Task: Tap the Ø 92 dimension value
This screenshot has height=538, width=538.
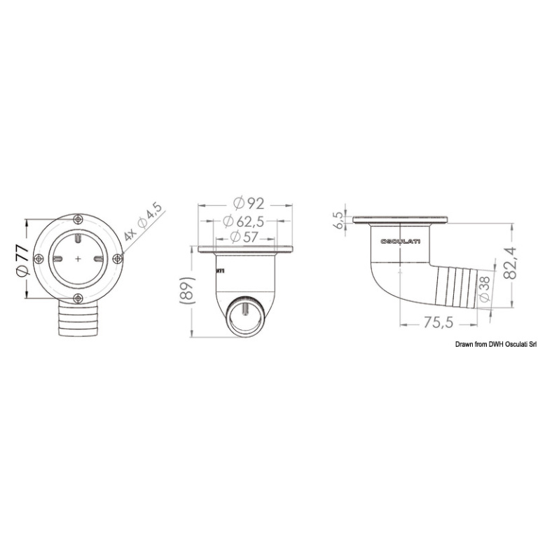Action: [249, 203]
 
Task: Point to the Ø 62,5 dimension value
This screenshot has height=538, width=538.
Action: [243, 221]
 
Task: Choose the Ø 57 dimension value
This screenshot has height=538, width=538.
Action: [244, 237]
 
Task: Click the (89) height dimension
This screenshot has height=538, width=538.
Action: [187, 290]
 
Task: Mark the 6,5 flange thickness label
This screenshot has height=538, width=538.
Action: [338, 220]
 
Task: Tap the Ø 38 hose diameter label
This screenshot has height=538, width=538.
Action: [485, 289]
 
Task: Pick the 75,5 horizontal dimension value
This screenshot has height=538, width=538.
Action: [439, 322]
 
